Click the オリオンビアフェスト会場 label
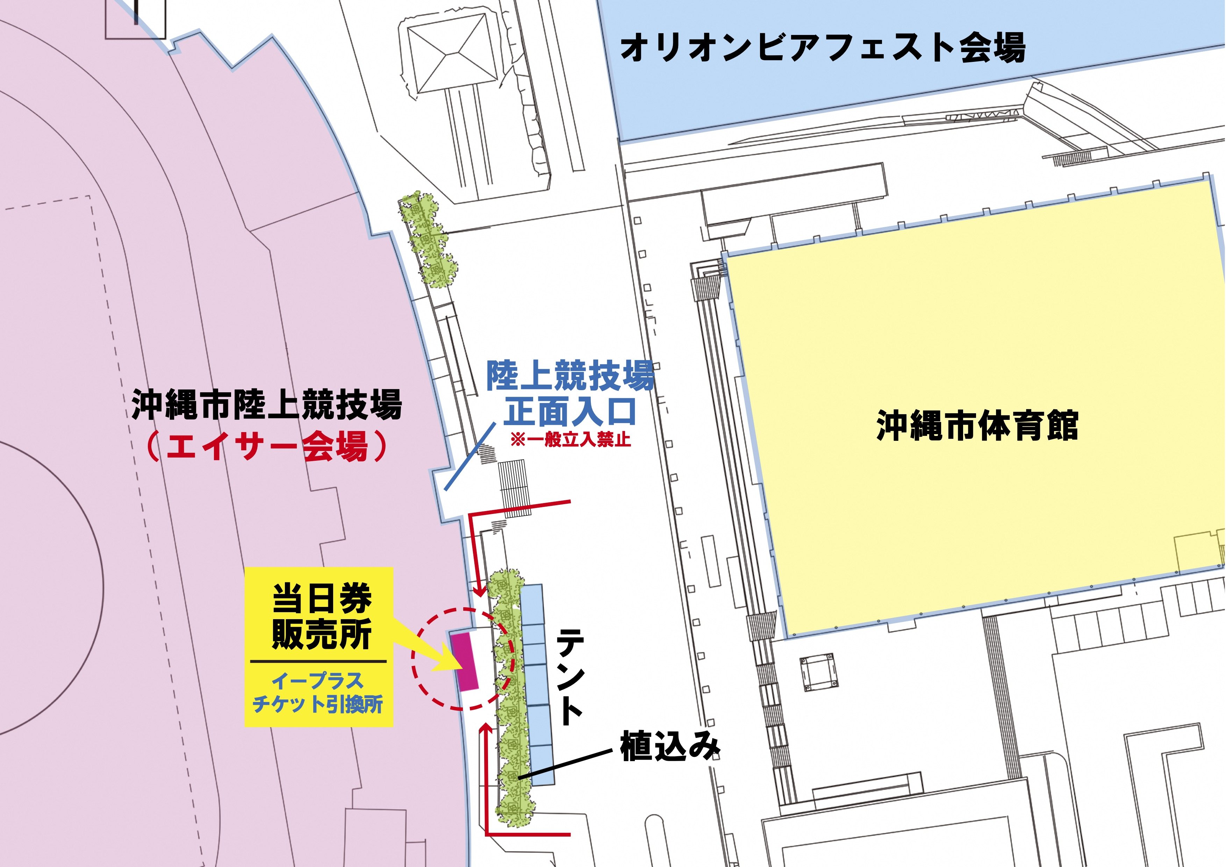[822, 48]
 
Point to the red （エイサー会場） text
[267, 446]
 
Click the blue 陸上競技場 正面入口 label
[570, 393]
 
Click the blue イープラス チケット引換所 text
[318, 693]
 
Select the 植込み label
[670, 746]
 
